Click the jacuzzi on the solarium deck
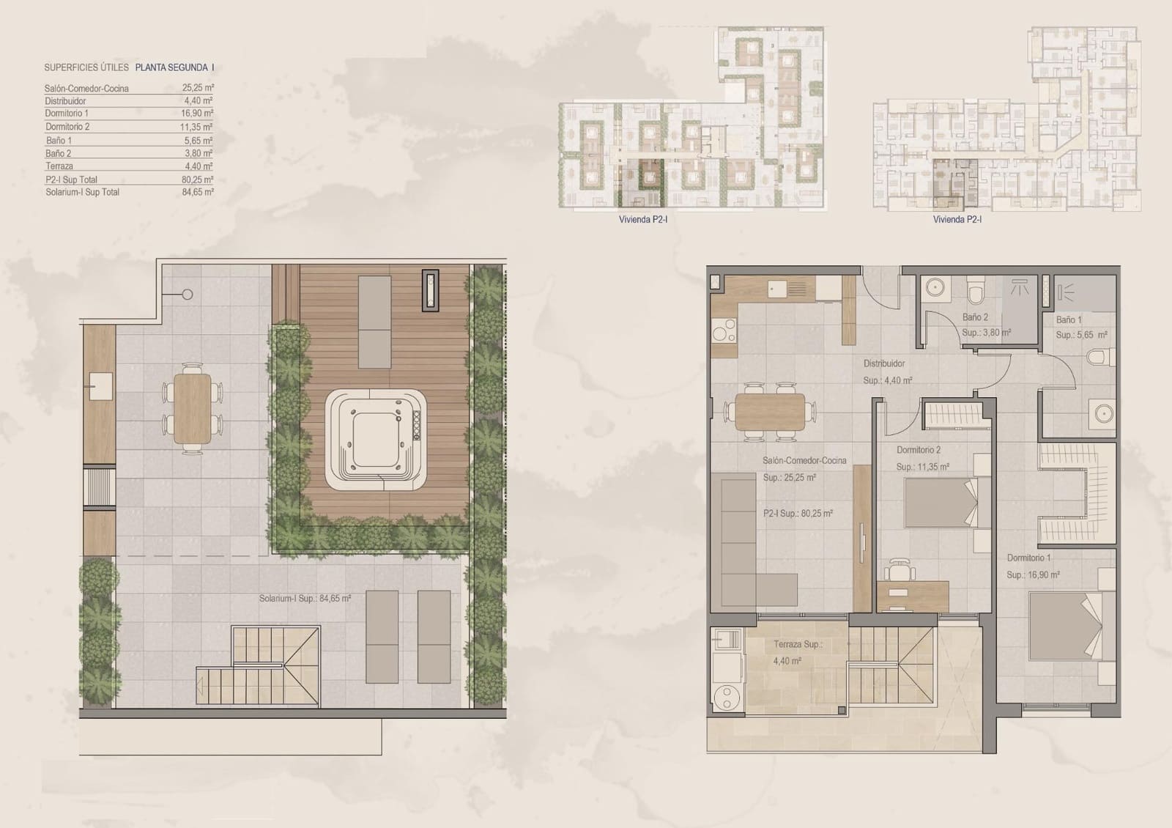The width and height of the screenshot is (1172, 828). tap(377, 439)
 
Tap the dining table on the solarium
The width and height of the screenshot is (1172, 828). tap(192, 409)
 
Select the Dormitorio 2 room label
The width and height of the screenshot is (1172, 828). tap(919, 450)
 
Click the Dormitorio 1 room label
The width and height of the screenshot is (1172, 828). tap(1028, 558)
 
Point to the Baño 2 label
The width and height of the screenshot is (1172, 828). tap(975, 318)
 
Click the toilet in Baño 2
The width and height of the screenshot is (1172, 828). tap(975, 292)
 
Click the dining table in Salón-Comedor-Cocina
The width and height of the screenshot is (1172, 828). tap(771, 412)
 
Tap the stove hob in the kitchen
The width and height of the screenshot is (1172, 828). tap(724, 334)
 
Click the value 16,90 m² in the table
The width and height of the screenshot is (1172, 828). tap(198, 114)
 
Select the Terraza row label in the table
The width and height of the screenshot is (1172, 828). tap(59, 166)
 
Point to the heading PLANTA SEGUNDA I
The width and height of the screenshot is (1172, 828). tap(175, 67)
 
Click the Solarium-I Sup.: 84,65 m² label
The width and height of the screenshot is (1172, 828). tap(305, 599)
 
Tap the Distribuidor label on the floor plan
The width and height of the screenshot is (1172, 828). tap(884, 363)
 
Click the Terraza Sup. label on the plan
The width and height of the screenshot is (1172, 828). tap(798, 645)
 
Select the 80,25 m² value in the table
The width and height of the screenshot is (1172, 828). tap(198, 180)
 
